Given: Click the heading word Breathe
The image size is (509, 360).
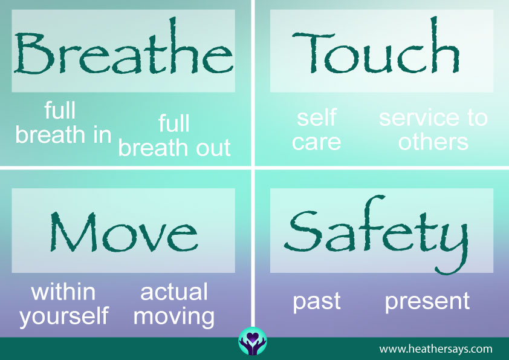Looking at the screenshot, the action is coord(124,46).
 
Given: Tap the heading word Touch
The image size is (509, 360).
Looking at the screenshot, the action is coord(376,45).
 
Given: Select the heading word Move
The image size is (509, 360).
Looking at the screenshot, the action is coord(124,232).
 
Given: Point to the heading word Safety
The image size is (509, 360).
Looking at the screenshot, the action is coord(377,235).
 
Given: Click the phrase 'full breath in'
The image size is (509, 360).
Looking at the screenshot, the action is coord(63,122).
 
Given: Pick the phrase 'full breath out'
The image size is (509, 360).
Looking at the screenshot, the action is coord(174,136).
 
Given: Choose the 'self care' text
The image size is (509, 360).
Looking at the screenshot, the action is coord(317,129).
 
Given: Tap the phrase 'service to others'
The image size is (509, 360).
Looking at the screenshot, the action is coord(433,129).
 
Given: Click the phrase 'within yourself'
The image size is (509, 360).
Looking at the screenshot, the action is coord(63,305).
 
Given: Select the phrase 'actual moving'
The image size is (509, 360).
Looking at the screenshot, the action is coord(174,305).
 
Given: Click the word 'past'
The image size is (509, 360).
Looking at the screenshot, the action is coord(317,302).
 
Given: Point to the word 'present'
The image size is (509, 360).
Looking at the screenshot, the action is coord(427,302).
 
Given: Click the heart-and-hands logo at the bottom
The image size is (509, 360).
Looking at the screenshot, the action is coord(253,341).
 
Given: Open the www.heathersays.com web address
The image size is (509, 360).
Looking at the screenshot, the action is coord(436,349).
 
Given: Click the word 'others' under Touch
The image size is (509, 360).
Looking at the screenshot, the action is coord(433,142).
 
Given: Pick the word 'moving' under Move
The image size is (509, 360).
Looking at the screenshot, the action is coord(174,317).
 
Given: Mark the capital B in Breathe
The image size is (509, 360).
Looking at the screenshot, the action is coord(33,53).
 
